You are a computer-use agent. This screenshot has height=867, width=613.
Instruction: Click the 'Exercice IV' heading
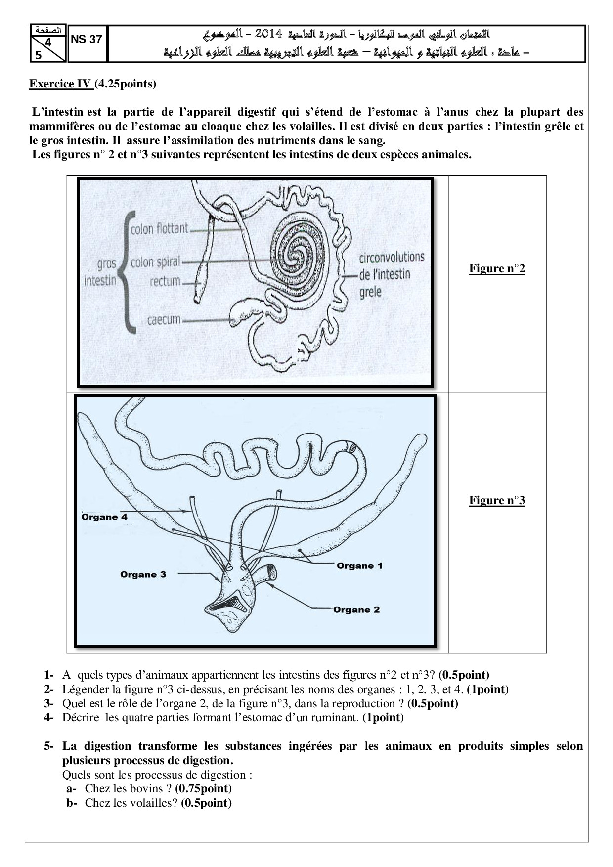(60, 84)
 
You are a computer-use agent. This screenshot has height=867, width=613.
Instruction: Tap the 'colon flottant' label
(159, 228)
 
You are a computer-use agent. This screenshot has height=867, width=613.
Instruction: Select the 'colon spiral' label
(155, 261)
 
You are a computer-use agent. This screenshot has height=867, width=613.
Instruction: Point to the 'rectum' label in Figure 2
(165, 281)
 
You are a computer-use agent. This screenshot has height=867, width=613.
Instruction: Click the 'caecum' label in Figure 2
(164, 319)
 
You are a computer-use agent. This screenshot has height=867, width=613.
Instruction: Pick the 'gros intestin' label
(100, 272)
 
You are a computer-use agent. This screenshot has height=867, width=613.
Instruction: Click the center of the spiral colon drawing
(297, 256)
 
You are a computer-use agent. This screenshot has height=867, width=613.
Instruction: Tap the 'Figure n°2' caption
(497, 268)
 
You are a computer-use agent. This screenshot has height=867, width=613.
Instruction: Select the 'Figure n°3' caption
(497, 500)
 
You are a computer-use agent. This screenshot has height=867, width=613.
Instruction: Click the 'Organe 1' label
(359, 565)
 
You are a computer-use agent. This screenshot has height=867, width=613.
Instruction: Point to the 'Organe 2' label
(356, 609)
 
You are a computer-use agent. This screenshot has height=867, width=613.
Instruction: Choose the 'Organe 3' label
(143, 574)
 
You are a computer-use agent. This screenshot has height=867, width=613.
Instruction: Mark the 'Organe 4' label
(104, 517)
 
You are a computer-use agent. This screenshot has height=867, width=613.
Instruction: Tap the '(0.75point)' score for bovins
(203, 788)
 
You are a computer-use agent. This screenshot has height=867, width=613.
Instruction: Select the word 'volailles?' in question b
(154, 803)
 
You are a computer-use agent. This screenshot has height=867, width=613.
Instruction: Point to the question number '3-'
(48, 703)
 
